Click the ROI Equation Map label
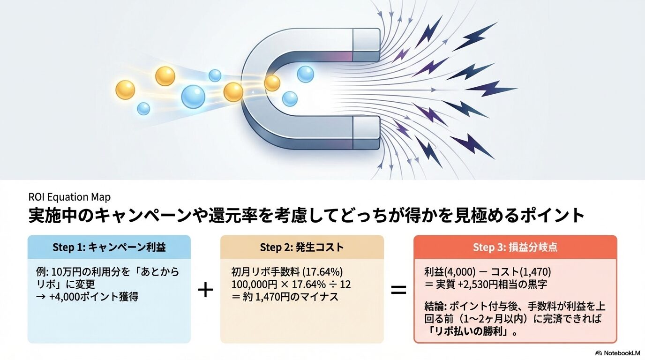point(69,197)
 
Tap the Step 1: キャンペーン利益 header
point(109,247)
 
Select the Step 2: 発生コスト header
point(301,247)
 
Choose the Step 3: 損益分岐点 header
point(515,247)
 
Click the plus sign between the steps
point(205,290)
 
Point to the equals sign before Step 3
point(398,290)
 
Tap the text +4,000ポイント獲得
point(93,297)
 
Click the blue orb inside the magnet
point(305,74)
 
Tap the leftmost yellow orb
point(125,90)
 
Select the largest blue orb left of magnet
point(193,97)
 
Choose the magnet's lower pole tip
point(366,133)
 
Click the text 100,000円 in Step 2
point(251,285)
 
